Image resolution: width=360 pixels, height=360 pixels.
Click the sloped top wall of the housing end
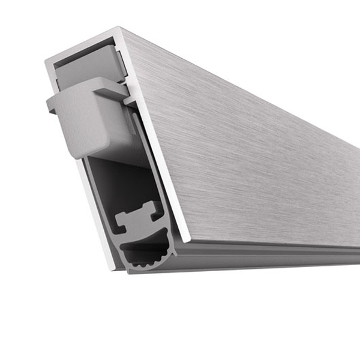tap(84, 43)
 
